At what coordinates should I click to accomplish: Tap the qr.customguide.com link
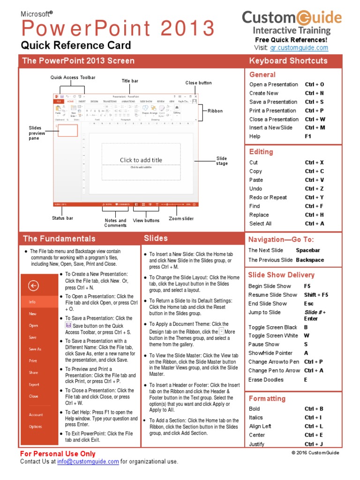point(299,48)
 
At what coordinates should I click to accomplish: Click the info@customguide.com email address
point(88,462)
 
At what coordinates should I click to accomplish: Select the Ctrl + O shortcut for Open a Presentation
point(315,85)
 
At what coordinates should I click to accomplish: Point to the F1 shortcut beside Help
point(308,136)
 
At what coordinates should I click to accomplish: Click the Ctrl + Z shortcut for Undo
point(315,189)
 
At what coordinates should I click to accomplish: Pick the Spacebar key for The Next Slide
point(308,251)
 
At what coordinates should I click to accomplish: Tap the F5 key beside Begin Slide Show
point(307,286)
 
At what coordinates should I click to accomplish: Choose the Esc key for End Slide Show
point(309,304)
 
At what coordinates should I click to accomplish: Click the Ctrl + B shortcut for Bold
point(314,409)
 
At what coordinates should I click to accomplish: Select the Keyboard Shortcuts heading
point(288,61)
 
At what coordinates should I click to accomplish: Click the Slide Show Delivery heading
point(281,275)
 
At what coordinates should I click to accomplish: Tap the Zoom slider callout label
point(181,219)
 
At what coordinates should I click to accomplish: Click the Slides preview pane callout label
point(37,133)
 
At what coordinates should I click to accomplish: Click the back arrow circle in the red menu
point(33,286)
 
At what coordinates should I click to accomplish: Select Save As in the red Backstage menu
point(35,349)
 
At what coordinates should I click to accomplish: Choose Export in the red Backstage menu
point(34,384)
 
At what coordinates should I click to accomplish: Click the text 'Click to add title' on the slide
point(141,160)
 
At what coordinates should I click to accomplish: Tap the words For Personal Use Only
point(58,454)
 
